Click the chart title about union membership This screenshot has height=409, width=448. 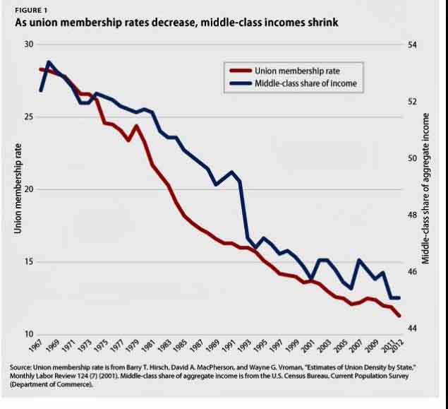coord(177,23)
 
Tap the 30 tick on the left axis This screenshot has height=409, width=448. coord(29,45)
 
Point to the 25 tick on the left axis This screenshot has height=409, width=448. coord(29,117)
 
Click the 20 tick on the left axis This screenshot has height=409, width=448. coord(29,189)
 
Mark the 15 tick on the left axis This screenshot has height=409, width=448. coord(29,262)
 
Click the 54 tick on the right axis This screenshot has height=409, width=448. coord(413,45)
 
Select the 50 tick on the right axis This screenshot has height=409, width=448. coord(413,158)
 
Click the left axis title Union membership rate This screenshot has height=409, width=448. coord(17,189)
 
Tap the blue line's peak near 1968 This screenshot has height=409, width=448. coord(49,62)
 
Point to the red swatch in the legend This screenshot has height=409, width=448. coord(239,69)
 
